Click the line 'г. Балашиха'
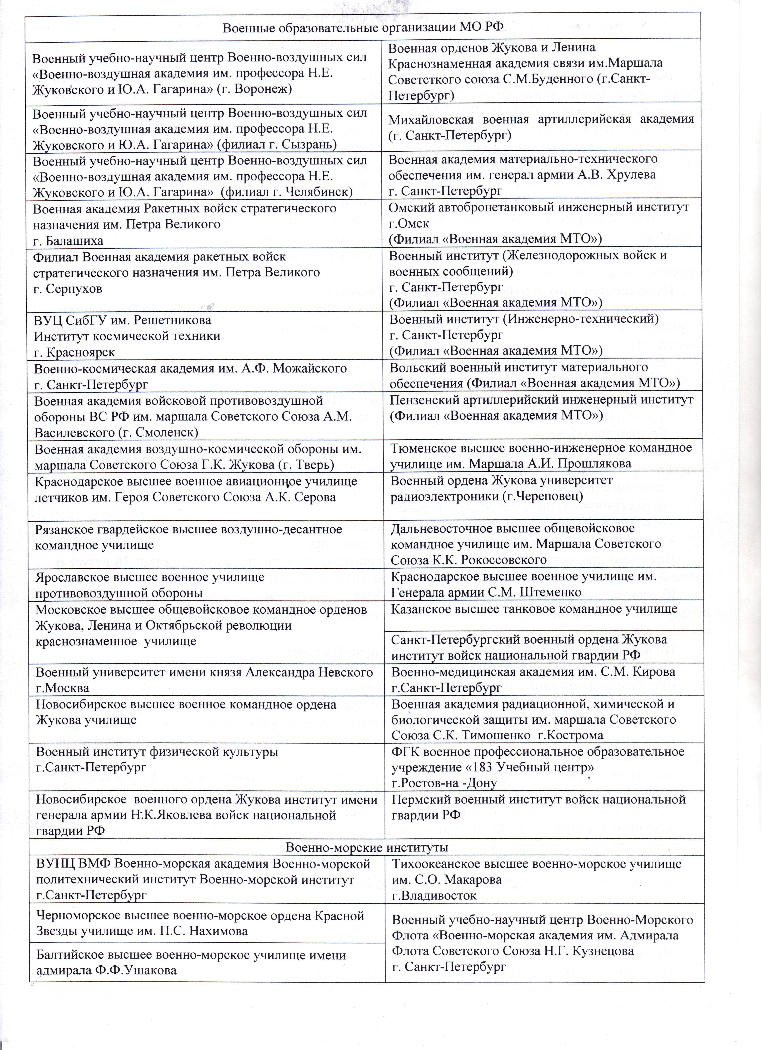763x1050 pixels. coord(69,241)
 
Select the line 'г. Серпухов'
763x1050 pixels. coord(69,289)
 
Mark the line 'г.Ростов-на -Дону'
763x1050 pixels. coord(444,784)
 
